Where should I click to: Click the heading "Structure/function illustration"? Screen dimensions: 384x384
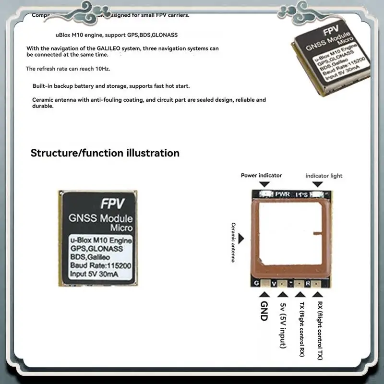(105, 153)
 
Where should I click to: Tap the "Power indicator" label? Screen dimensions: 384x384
(261, 176)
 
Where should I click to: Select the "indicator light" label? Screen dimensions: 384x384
(324, 176)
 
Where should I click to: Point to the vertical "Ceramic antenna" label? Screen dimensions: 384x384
(234, 242)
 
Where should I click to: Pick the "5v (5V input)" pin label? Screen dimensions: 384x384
(283, 324)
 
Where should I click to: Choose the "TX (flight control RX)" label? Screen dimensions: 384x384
(301, 330)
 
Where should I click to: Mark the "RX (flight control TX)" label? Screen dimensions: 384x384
(320, 330)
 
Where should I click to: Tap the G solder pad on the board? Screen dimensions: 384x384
(257, 284)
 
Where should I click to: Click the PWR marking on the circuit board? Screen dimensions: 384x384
(282, 194)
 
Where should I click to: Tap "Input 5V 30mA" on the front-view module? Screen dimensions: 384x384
(94, 274)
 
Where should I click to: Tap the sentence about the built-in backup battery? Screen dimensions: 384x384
(111, 86)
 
